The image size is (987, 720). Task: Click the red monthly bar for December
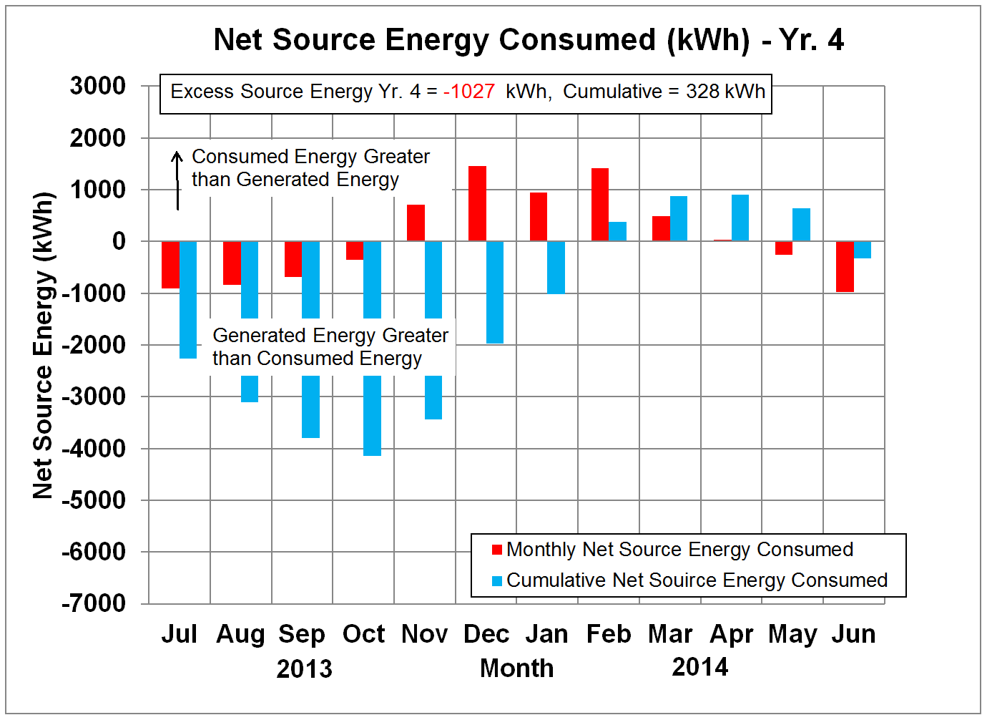[x=477, y=204]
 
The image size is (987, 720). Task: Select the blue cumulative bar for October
[x=372, y=415]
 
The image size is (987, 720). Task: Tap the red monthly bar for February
[x=600, y=205]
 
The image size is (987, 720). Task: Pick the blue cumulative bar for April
[x=740, y=218]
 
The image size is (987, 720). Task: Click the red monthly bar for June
[x=845, y=266]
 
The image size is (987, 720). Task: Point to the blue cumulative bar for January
[x=556, y=267]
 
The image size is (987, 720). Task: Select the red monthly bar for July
[x=170, y=265]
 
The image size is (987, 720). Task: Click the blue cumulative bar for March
[x=679, y=218]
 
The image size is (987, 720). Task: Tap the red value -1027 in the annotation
[x=469, y=92]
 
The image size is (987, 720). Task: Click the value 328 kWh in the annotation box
[x=725, y=92]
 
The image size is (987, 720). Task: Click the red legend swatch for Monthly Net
[x=497, y=550]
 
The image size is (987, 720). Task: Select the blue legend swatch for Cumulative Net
[x=497, y=580]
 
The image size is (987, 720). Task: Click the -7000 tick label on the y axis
[x=94, y=603]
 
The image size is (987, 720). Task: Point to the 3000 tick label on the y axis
[x=98, y=86]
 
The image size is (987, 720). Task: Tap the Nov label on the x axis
[x=424, y=634]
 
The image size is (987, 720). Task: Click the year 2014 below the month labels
[x=700, y=667]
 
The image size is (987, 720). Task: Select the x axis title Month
[x=516, y=668]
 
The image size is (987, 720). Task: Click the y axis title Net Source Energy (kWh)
[x=44, y=345]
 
